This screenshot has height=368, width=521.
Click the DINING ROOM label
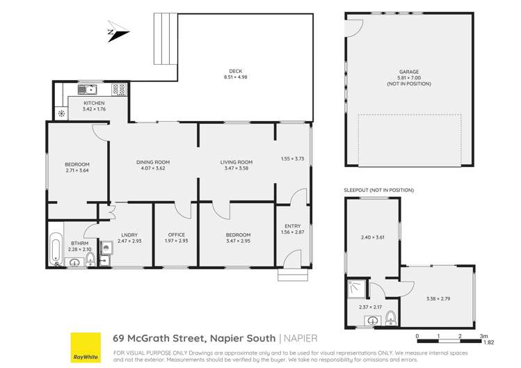point(152,162)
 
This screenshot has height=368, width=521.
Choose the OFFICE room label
point(175,235)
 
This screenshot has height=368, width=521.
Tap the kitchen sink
point(86,90)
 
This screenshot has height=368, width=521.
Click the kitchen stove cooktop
point(118,90)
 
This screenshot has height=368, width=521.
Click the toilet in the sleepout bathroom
point(390,318)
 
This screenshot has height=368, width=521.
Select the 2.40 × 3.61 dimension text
point(371,238)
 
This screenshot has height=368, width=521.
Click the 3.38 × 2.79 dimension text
point(438,299)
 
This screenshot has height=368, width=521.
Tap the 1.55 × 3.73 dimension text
point(292,159)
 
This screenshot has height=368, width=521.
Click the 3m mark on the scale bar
point(483,336)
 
